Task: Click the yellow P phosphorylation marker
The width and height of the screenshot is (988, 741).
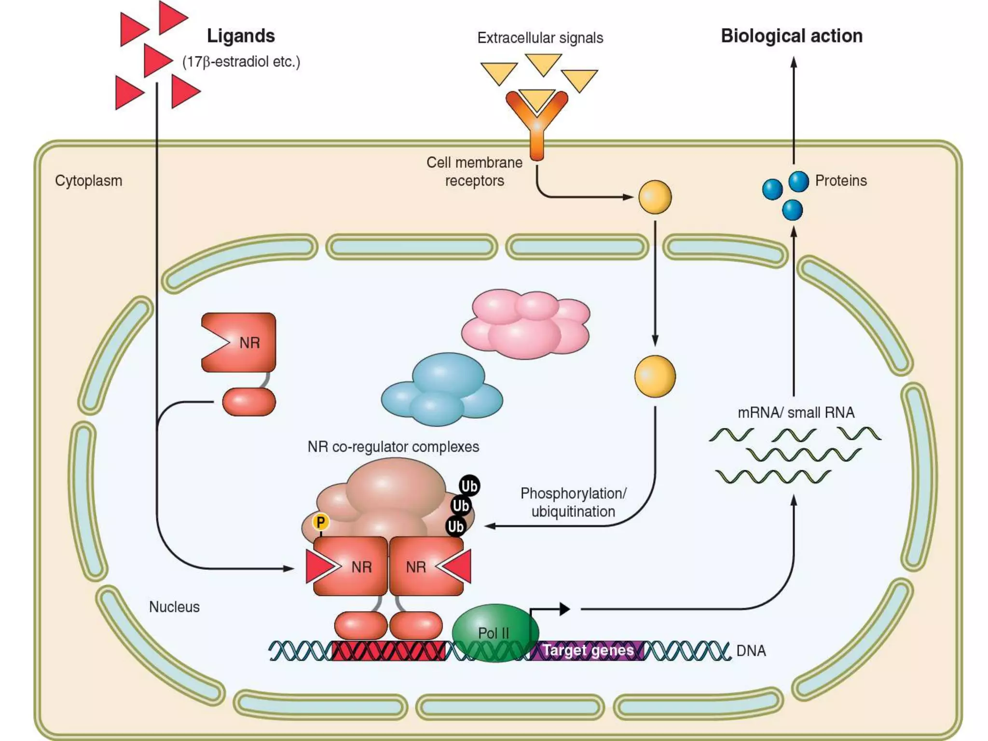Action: tap(320, 521)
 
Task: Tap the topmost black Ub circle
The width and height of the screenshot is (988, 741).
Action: tap(469, 486)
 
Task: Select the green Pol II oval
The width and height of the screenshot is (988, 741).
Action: tap(494, 632)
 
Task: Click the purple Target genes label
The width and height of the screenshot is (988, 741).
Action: tap(588, 650)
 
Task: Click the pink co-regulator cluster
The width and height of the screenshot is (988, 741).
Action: tap(526, 324)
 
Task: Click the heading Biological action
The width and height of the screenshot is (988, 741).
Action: tap(791, 36)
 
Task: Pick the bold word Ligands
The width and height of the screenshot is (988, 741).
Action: tap(241, 36)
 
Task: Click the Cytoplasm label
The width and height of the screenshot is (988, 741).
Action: tap(88, 181)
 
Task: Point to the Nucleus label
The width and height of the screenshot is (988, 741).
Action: tap(174, 607)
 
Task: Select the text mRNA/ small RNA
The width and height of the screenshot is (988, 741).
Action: tap(796, 412)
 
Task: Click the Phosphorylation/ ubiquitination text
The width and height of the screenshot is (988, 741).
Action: tap(573, 502)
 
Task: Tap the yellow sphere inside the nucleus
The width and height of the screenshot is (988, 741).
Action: tap(655, 376)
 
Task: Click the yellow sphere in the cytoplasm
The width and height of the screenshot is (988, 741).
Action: tap(655, 197)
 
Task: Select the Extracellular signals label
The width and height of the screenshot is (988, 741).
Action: tap(540, 38)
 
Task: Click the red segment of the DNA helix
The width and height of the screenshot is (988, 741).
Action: tap(389, 651)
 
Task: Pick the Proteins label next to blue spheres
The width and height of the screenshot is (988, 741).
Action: tap(840, 181)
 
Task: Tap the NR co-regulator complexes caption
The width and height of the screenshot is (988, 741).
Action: tap(393, 447)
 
